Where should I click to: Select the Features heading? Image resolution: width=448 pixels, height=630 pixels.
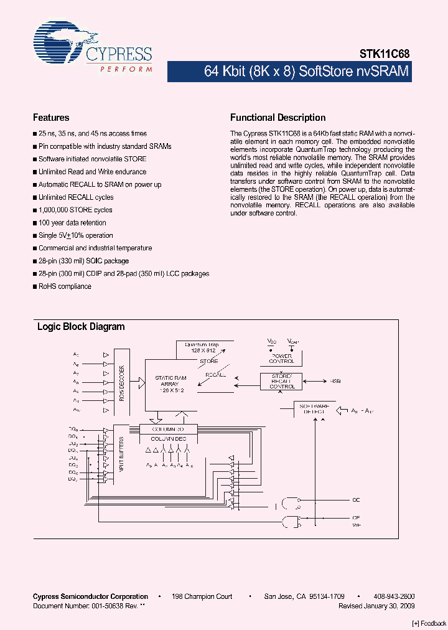[51, 118]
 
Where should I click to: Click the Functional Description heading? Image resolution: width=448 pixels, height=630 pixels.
[278, 118]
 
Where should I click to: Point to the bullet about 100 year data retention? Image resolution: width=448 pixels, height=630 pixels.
[72, 223]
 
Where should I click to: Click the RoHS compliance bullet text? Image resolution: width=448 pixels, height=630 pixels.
[65, 286]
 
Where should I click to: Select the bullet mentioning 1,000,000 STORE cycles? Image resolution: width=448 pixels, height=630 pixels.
[75, 210]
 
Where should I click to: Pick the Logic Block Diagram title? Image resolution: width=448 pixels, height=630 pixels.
[81, 327]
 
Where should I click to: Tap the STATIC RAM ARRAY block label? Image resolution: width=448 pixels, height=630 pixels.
[170, 381]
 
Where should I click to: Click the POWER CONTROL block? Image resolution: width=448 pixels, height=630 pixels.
[281, 358]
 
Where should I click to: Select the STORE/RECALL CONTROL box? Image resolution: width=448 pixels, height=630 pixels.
[282, 382]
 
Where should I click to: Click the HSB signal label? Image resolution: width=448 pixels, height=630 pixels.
[335, 381]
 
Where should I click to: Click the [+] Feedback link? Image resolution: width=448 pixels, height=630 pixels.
[429, 623]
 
